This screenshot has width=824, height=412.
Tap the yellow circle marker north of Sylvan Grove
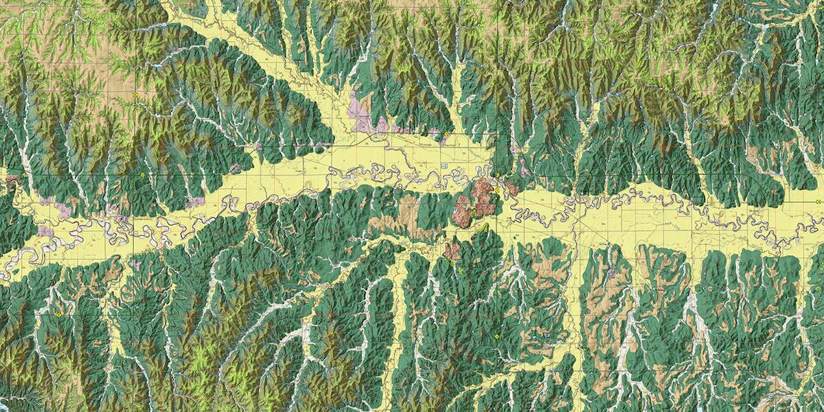tap(143, 176)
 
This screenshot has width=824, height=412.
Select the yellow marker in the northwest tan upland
tap(137, 93)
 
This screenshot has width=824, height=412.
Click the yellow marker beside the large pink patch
tap(446, 134)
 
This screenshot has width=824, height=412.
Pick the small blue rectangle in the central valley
tap(444, 166)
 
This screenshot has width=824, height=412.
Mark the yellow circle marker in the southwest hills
tap(59, 314)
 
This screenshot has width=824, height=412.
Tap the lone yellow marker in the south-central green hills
tap(496, 336)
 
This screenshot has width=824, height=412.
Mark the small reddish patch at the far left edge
tap(12, 182)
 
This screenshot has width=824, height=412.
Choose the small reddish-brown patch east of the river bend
tap(512, 187)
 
